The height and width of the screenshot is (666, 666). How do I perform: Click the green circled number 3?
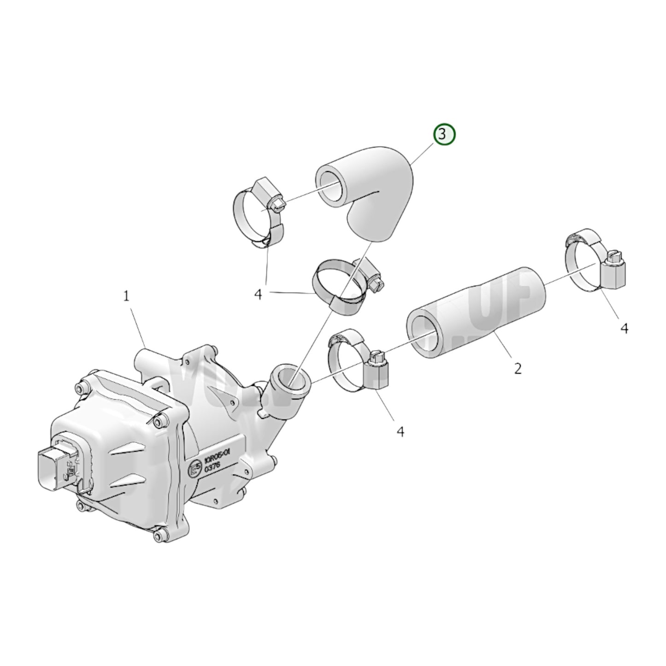443,135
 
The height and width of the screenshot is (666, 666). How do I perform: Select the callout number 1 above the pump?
127,297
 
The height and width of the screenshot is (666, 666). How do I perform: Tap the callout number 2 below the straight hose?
518,368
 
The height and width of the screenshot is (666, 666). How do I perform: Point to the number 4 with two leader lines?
259,294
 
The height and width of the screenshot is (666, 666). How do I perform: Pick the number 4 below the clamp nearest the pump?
401,431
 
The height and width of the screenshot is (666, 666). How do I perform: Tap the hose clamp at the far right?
595,263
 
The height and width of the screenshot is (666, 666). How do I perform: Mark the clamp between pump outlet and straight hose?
360,364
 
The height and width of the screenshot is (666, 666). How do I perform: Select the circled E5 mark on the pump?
195,467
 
